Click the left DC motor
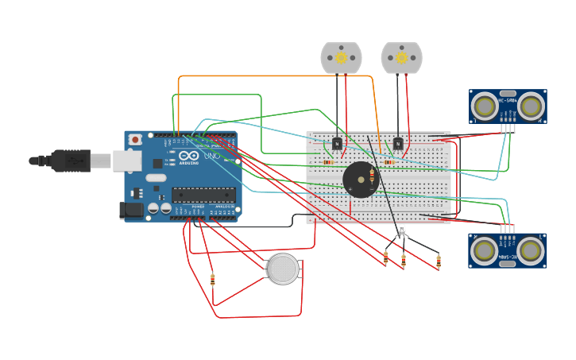coord(341,58)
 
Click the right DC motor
coord(401,58)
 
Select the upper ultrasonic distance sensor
coord(507,106)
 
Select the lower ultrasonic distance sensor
coord(507,250)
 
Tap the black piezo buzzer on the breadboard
coord(361,180)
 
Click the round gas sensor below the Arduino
coord(283,269)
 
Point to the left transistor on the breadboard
coord(337,143)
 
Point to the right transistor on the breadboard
coord(397,143)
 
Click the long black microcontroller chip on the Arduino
coord(203,195)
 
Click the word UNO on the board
coord(212,156)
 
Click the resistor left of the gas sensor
coord(212,279)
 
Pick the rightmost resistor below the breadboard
coord(439,261)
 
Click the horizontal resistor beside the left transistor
coord(328,162)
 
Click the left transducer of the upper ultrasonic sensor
coord(483,106)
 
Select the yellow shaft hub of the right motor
coord(401,57)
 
